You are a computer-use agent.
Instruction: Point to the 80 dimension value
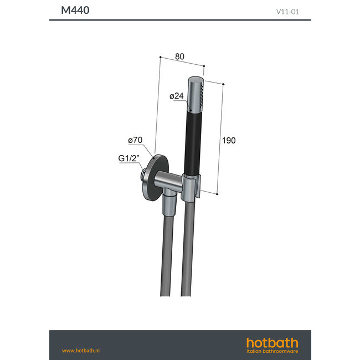179,56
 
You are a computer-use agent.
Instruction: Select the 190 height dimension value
229,140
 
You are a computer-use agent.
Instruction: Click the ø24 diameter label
176,96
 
